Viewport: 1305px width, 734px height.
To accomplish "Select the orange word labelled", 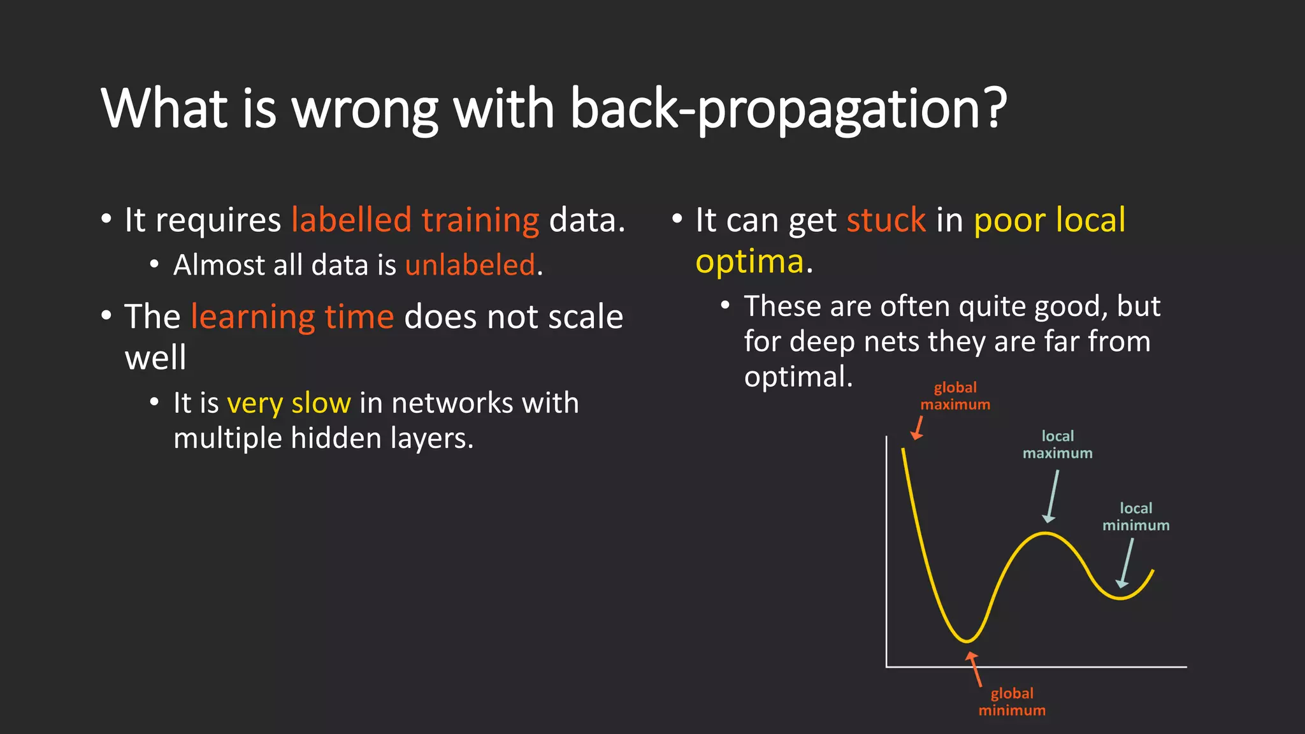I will click(x=351, y=220).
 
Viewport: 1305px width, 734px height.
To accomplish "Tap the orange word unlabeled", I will click(x=470, y=265).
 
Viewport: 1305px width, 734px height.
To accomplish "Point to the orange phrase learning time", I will click(x=292, y=317).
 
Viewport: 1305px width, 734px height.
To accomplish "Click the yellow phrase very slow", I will click(x=289, y=403).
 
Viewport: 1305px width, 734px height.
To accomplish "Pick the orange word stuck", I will click(x=886, y=220).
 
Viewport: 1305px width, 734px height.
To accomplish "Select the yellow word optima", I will click(x=749, y=262).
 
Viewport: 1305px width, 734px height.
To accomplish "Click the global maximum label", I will click(x=955, y=396).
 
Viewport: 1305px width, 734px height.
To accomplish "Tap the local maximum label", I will click(x=1057, y=444).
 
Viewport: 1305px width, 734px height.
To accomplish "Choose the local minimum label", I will click(x=1136, y=517).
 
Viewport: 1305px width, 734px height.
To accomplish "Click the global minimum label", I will click(x=1012, y=702).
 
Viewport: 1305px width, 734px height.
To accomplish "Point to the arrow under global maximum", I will click(x=918, y=428).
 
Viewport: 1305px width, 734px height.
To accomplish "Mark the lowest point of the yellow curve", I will click(x=967, y=640).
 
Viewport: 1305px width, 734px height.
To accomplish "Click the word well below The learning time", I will click(x=155, y=358).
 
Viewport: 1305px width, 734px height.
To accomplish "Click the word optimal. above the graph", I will click(x=798, y=377).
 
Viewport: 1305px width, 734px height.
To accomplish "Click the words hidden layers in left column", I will click(x=382, y=438).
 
